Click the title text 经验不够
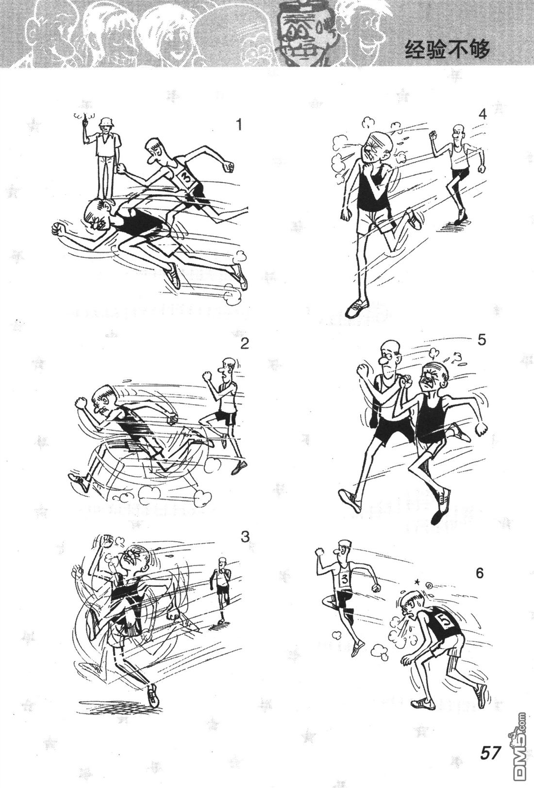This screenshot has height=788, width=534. tap(448, 49)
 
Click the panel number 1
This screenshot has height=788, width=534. tap(239, 124)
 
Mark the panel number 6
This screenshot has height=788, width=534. tap(479, 573)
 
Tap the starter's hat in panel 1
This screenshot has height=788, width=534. tap(105, 122)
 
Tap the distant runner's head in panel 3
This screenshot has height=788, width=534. tap(221, 563)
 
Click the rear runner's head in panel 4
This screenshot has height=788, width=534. tap(457, 132)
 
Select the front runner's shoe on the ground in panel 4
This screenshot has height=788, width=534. tap(356, 308)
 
